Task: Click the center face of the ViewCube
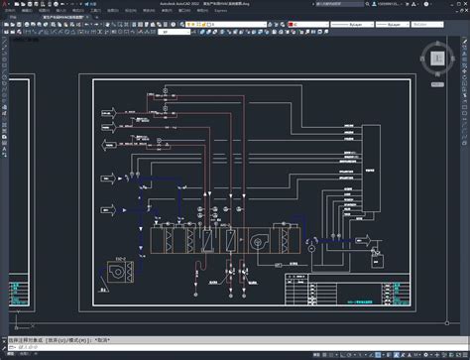pos(437,58)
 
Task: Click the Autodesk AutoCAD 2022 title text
pos(178,3)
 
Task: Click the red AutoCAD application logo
pos(5,4)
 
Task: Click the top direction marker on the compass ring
pos(437,42)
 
